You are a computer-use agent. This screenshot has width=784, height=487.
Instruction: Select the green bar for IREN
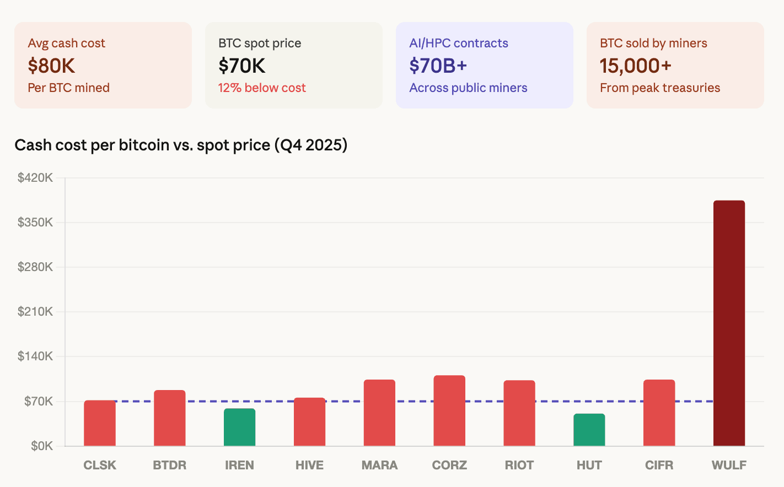[239, 428]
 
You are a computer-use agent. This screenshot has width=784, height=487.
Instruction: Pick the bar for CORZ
[449, 411]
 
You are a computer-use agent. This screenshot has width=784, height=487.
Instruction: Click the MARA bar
[379, 413]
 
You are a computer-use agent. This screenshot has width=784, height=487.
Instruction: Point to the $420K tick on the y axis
[35, 177]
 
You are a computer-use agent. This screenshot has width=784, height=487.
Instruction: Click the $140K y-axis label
[35, 356]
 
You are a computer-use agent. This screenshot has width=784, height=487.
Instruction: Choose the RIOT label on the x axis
[519, 465]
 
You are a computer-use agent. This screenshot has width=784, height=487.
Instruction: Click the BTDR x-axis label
[169, 465]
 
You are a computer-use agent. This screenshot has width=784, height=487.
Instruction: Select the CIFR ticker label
[659, 465]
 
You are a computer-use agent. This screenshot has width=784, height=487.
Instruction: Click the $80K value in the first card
[51, 66]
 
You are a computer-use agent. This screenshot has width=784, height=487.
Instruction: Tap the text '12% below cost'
[262, 88]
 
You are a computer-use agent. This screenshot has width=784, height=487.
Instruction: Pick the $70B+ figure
[438, 66]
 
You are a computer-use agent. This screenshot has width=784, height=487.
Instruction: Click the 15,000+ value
[635, 66]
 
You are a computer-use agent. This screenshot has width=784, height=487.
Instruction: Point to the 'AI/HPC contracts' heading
[459, 43]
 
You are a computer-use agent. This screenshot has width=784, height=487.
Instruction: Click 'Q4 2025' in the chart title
[313, 145]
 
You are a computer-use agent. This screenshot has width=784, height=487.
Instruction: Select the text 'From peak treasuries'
[660, 88]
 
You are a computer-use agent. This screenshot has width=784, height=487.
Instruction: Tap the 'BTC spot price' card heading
[260, 43]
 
